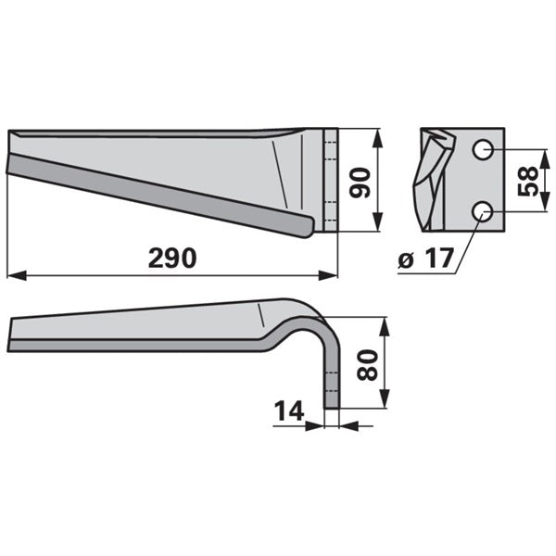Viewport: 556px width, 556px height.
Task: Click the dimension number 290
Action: click(172, 258)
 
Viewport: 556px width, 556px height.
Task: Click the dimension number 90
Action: click(360, 183)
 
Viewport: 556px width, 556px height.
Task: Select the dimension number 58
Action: click(528, 182)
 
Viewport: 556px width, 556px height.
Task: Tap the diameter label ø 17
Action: click(426, 258)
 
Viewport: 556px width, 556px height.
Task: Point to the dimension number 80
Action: click(367, 365)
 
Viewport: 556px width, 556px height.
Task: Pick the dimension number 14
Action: click(289, 411)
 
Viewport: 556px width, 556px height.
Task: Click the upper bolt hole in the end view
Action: click(482, 149)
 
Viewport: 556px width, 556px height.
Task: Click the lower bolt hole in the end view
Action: click(482, 211)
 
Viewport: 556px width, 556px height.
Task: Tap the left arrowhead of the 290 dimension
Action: click(17, 275)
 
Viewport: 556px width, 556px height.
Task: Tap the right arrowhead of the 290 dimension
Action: click(328, 275)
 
